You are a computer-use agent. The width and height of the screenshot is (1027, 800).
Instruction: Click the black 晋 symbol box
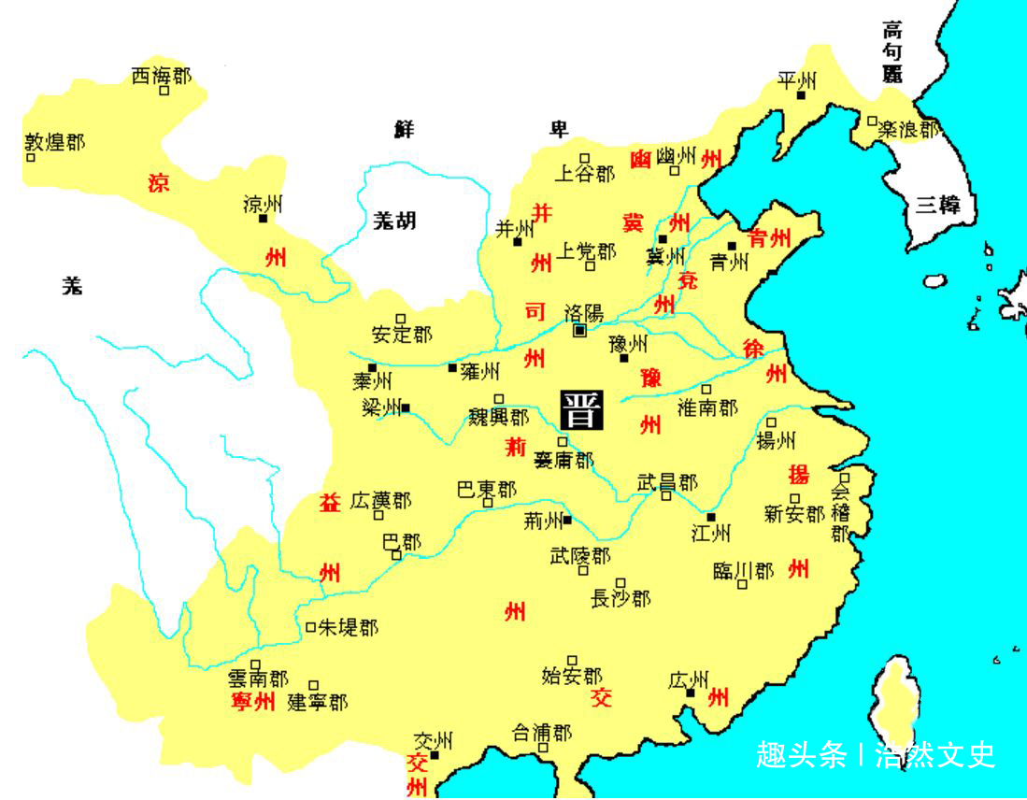(x=581, y=408)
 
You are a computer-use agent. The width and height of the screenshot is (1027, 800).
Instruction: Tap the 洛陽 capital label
(x=584, y=312)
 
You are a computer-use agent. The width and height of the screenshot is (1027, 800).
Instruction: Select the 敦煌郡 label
(x=54, y=142)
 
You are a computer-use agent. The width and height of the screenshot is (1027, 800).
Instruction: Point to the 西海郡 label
(x=161, y=76)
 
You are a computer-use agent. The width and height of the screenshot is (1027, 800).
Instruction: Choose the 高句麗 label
(x=892, y=52)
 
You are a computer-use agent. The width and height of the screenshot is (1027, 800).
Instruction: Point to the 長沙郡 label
(x=620, y=597)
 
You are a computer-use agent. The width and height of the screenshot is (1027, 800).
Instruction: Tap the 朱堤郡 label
(x=349, y=627)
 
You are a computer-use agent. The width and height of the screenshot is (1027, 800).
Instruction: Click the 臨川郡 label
(x=743, y=570)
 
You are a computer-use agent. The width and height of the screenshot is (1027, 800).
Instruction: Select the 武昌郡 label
(x=667, y=482)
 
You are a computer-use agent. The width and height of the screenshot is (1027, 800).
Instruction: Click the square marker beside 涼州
(x=263, y=219)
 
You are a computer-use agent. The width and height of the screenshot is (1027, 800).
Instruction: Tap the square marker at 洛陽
(x=579, y=330)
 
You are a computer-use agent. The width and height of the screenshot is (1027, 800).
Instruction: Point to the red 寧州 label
(x=252, y=701)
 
